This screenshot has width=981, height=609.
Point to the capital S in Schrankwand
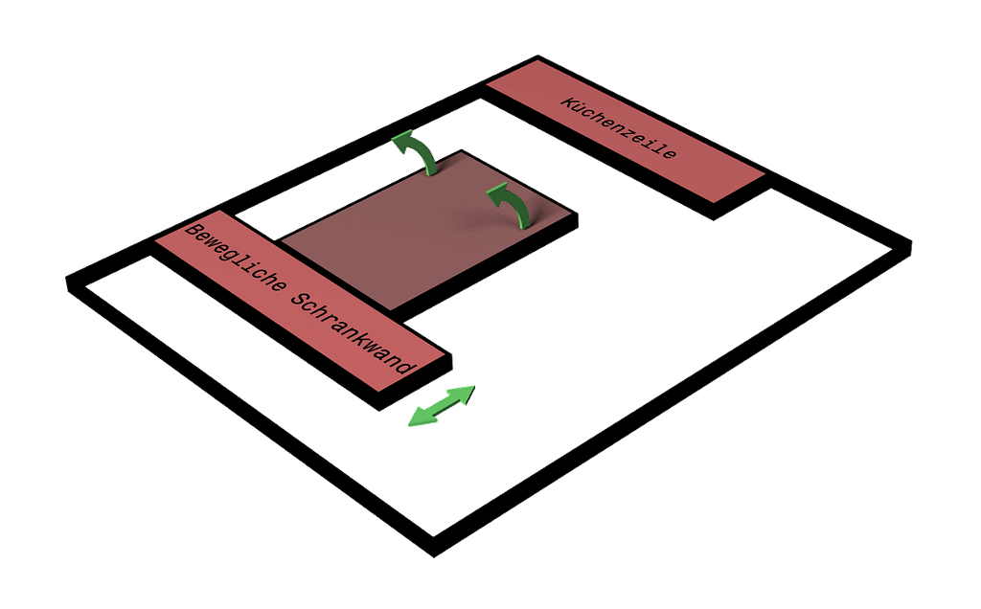coord(297,301)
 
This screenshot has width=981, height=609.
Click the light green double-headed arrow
coord(442,406)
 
